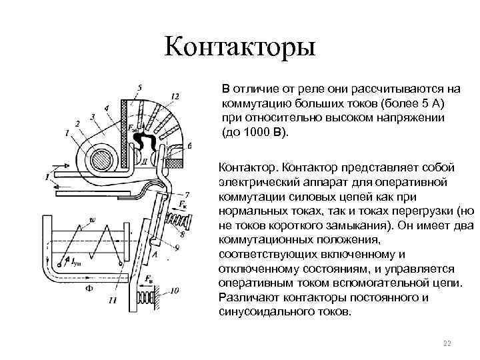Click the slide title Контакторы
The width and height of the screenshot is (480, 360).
click(x=240, y=48)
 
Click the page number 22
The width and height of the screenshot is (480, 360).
click(x=447, y=343)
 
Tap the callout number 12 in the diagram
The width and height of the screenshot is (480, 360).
click(x=175, y=97)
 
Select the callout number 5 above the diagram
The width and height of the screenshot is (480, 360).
click(x=139, y=88)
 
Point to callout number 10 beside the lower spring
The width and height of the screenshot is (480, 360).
click(x=175, y=291)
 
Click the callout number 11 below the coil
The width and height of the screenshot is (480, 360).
click(x=111, y=301)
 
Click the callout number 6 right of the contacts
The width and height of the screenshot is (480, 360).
click(x=189, y=145)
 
